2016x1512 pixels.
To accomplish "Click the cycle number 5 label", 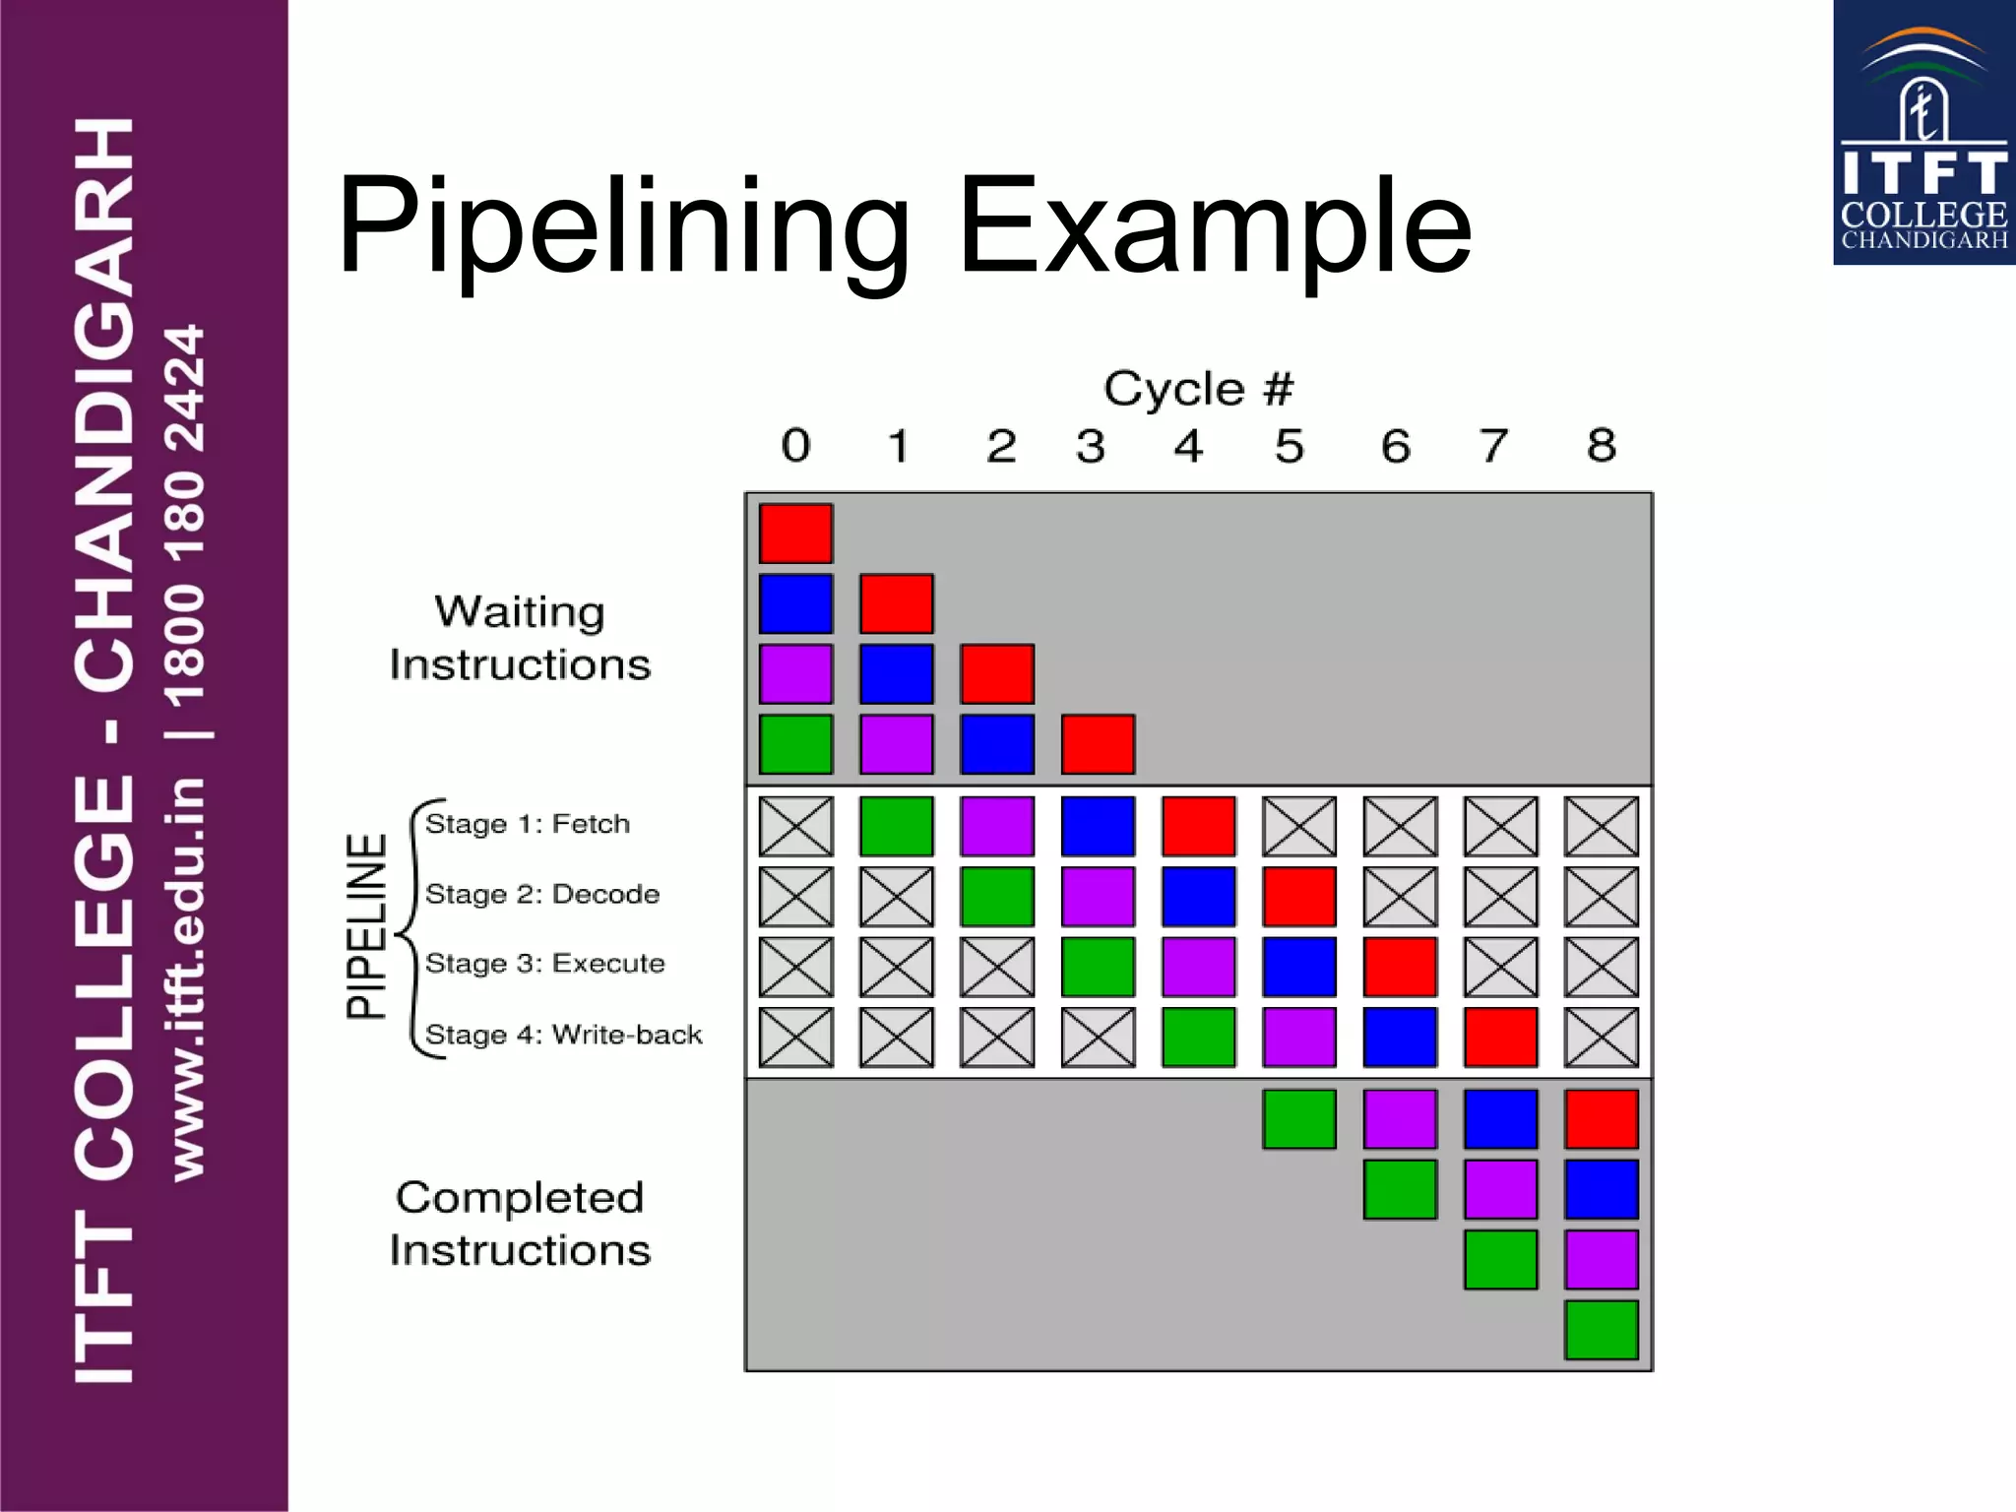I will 1290,446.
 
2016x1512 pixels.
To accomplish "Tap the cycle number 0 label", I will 795,446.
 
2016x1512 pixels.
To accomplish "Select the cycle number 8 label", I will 1602,445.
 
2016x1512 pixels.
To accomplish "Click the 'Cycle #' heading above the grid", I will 1198,389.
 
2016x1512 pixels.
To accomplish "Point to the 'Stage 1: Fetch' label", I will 528,824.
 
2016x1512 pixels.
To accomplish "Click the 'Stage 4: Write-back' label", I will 563,1035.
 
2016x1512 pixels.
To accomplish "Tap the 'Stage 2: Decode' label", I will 542,894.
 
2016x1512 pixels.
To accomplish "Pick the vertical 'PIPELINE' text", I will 366,926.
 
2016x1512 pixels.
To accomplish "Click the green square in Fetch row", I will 896,826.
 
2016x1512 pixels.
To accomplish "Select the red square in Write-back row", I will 1500,1037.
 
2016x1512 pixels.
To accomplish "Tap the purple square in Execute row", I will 1198,967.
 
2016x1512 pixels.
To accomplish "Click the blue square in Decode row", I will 1198,897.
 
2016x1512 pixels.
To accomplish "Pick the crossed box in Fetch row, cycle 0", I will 795,826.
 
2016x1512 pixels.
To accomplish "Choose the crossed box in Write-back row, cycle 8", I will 1602,1037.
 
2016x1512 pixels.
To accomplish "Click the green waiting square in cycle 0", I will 795,744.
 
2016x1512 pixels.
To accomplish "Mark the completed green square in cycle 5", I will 1299,1119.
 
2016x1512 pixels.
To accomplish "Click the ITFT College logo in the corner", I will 1923,133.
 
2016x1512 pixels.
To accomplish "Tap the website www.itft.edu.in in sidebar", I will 187,978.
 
